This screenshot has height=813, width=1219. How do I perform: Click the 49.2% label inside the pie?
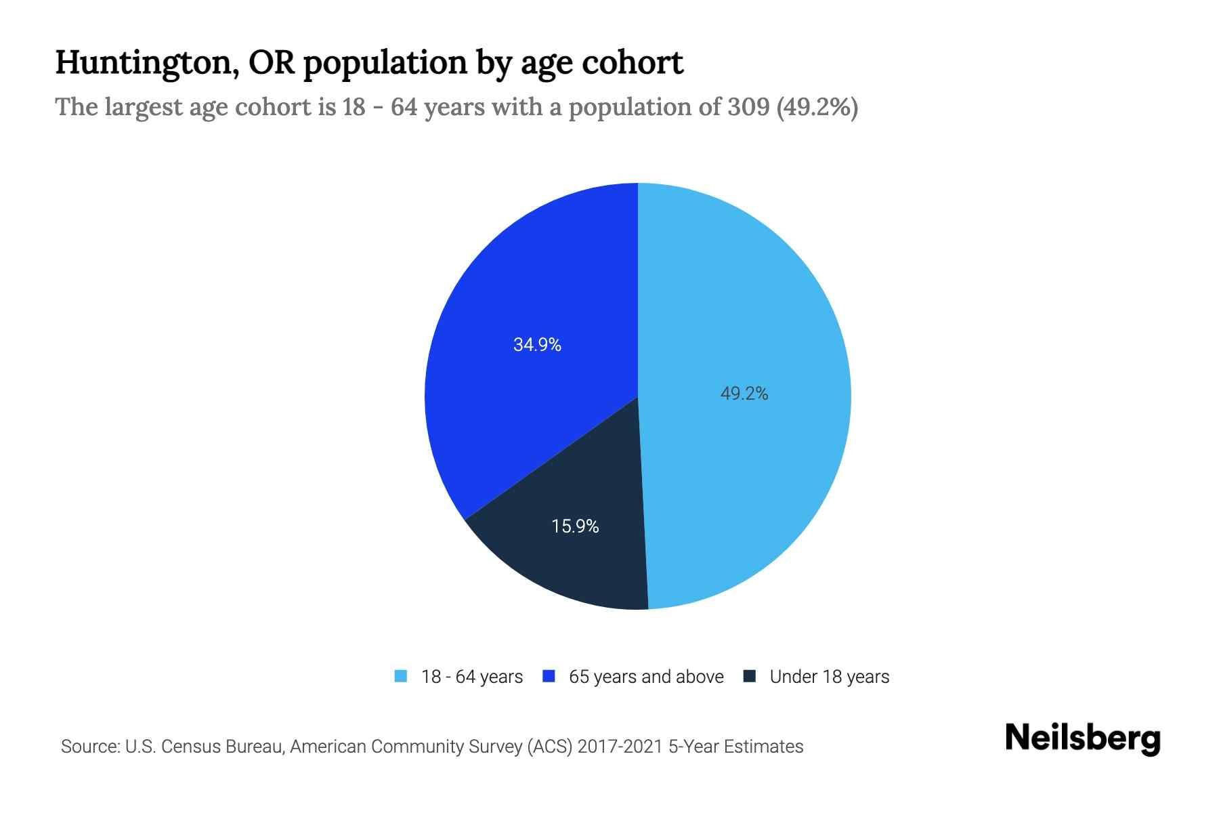pyautogui.click(x=744, y=394)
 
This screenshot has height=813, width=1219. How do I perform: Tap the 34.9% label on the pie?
pyautogui.click(x=537, y=345)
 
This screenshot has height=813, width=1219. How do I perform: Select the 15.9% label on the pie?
pyautogui.click(x=575, y=526)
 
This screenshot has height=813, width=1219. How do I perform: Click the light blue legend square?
pyautogui.click(x=401, y=676)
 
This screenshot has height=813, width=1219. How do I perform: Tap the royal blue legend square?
pyautogui.click(x=549, y=676)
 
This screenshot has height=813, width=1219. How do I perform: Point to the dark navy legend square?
pyautogui.click(x=750, y=676)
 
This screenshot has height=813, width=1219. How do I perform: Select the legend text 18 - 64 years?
pyautogui.click(x=472, y=677)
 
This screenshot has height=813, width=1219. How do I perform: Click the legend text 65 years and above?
pyautogui.click(x=646, y=677)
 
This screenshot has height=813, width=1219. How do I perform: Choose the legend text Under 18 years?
pyautogui.click(x=830, y=677)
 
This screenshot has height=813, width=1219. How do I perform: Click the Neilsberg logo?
pyautogui.click(x=1082, y=738)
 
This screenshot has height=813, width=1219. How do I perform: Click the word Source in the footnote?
pyautogui.click(x=89, y=747)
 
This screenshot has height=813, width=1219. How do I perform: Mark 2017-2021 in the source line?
pyautogui.click(x=620, y=747)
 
